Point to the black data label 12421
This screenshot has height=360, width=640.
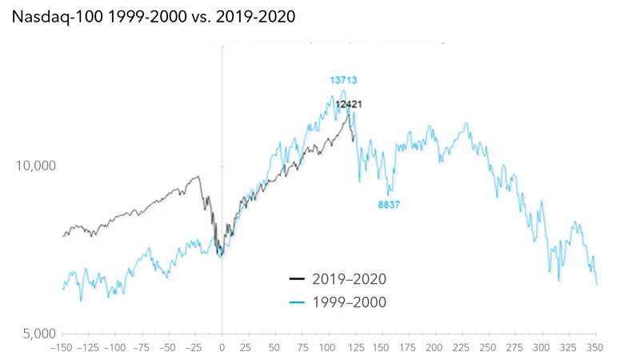[x=350, y=104]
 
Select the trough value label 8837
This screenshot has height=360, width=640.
[x=389, y=205]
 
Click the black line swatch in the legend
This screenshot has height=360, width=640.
[x=297, y=278]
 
